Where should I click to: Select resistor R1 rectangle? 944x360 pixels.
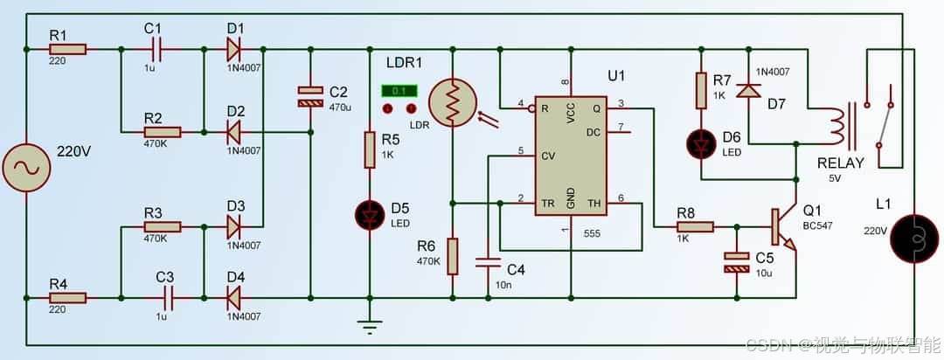pos(67,49)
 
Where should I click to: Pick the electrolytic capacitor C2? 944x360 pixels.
pos(310,97)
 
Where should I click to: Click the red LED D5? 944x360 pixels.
pos(369,216)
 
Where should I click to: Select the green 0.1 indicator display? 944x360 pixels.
pos(399,91)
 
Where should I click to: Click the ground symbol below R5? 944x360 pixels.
pos(369,327)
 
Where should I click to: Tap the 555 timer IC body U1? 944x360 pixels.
pos(571,156)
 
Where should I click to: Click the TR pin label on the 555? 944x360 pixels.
pos(548,204)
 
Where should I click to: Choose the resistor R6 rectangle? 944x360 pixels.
pos(452,256)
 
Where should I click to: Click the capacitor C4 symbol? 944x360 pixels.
pos(489,263)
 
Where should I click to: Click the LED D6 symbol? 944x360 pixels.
pos(701,144)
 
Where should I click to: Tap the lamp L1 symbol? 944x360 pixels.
pos(914,239)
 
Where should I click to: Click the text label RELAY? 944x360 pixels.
pos(841,163)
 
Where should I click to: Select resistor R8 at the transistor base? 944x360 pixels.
pos(696,227)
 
